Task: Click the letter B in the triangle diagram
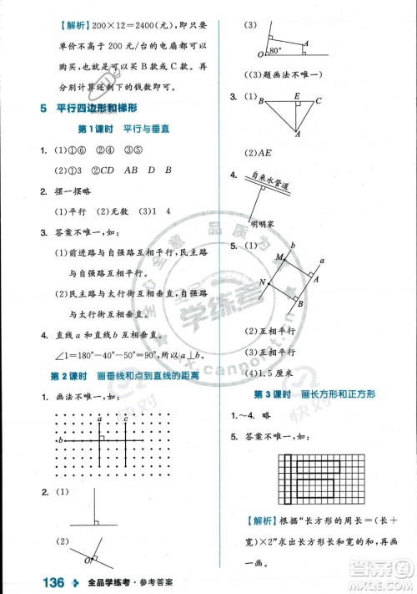[261, 102]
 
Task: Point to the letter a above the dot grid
[100, 419]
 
